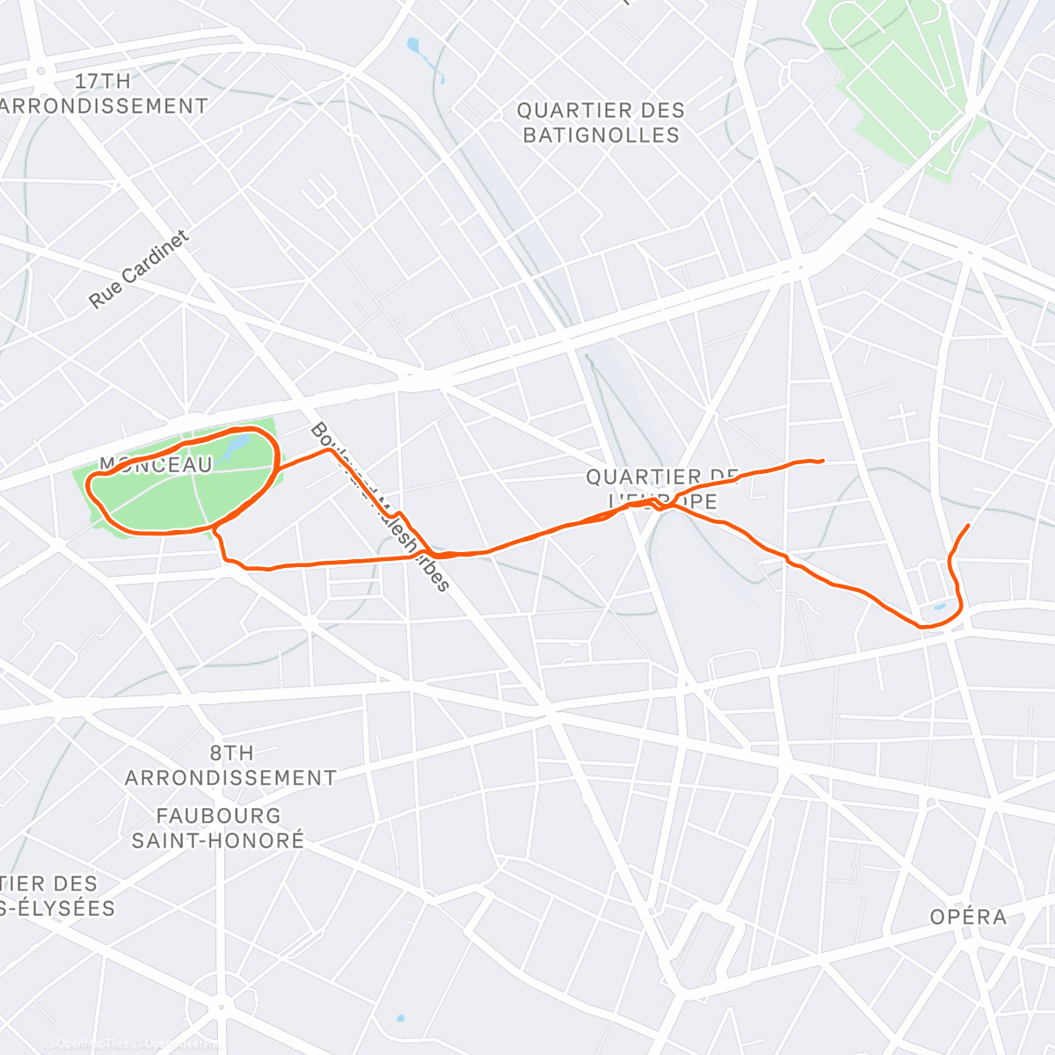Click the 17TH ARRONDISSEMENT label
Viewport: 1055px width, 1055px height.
(x=104, y=93)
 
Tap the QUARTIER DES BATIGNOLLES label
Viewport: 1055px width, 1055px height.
(x=600, y=122)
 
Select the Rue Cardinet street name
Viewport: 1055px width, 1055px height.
(x=139, y=269)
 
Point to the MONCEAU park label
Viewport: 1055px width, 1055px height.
(x=156, y=464)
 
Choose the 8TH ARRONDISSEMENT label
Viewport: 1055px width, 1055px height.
(x=230, y=765)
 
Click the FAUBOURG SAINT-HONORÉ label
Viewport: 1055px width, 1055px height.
(x=218, y=827)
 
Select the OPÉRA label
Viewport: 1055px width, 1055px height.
(x=969, y=916)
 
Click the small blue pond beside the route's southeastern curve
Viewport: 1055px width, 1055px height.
(x=938, y=607)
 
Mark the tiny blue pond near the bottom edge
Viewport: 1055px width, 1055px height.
(x=400, y=1019)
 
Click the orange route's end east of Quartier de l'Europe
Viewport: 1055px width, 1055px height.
(x=821, y=461)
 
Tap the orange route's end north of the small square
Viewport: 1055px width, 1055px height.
(x=968, y=526)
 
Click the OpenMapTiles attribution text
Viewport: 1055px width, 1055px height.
(x=88, y=1044)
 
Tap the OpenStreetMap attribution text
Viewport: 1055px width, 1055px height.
(x=176, y=1044)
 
